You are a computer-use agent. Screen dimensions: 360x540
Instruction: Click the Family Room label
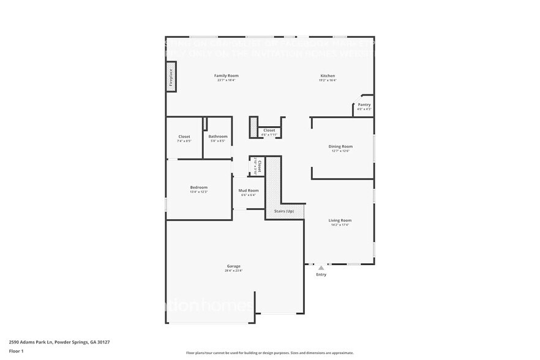click(225, 75)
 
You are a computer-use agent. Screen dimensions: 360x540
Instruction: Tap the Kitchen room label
click(328, 76)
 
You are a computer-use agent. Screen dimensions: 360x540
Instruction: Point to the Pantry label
click(364, 105)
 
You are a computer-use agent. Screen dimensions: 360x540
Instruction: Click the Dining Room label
click(340, 146)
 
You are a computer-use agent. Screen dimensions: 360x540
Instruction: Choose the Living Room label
click(340, 220)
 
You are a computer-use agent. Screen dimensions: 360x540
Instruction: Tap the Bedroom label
click(198, 187)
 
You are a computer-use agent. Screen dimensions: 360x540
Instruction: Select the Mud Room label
click(249, 190)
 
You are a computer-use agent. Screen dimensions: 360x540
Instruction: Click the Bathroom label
click(217, 137)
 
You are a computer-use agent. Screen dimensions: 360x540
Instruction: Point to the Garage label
click(233, 266)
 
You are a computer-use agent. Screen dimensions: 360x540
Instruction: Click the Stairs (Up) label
click(284, 211)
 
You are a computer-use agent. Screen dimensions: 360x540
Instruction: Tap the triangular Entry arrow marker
click(321, 268)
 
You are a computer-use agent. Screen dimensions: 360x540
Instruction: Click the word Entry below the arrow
click(321, 274)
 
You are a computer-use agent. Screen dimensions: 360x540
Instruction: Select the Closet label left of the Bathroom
click(184, 137)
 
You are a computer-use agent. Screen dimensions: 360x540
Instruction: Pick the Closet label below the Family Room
click(269, 130)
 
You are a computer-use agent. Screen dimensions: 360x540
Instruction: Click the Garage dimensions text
click(233, 271)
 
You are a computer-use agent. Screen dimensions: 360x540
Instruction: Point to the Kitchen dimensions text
click(328, 80)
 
